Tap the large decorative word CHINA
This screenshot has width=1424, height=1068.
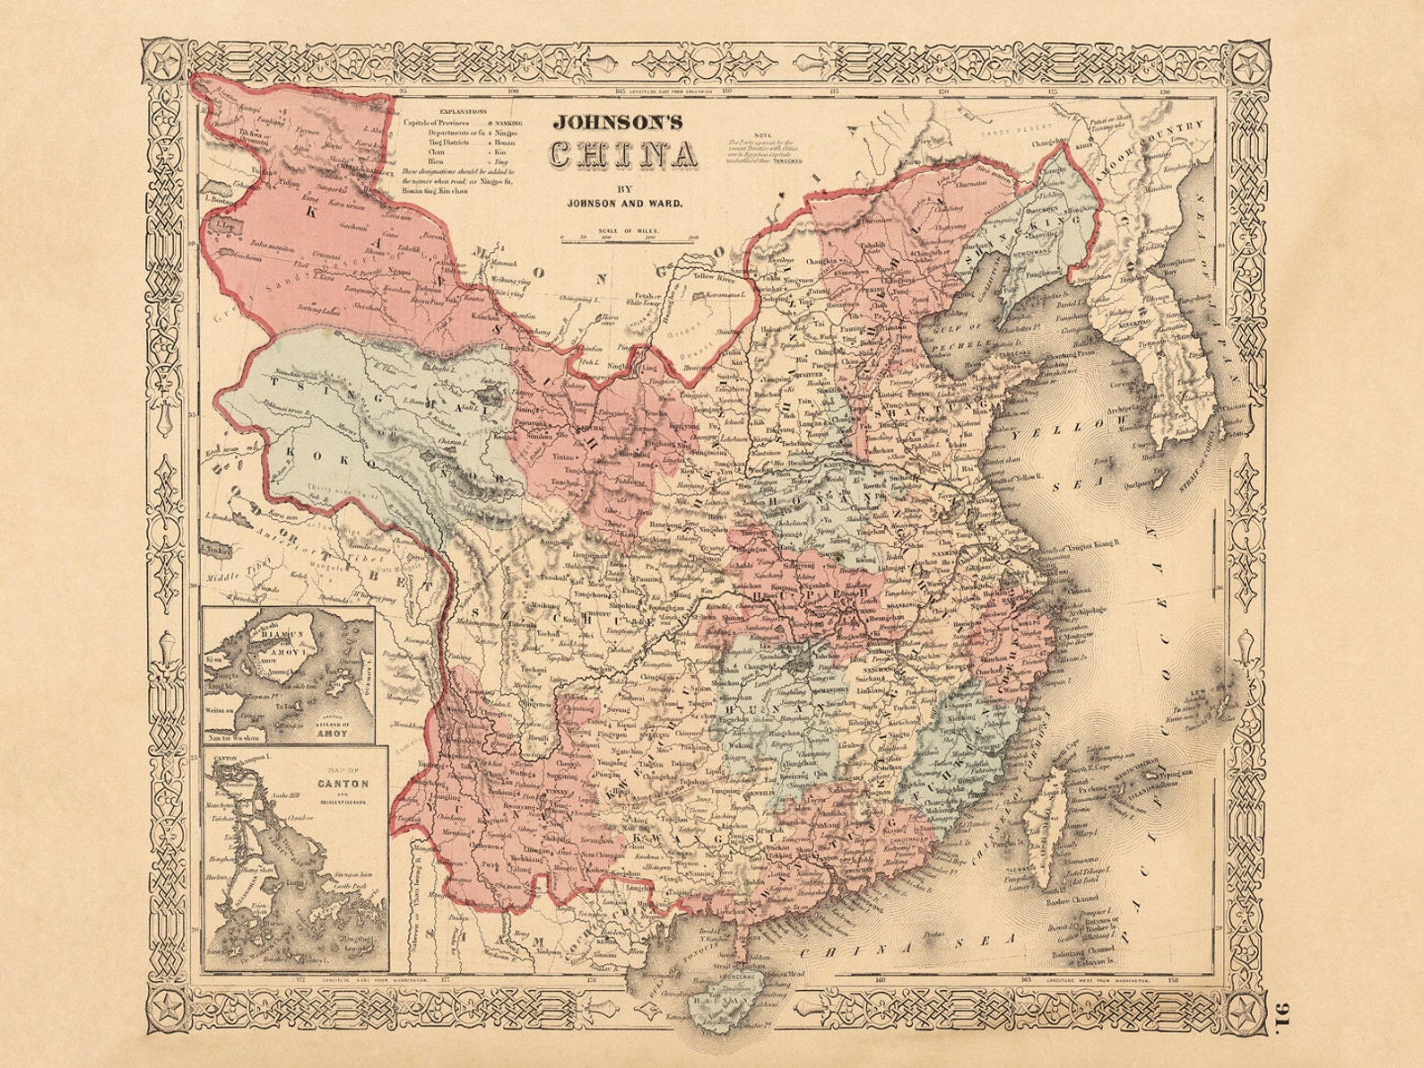tap(624, 157)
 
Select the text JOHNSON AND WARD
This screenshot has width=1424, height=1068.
tap(625, 203)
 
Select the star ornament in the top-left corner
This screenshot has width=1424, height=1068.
tap(163, 64)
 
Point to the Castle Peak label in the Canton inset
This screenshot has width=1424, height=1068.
tap(351, 885)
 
